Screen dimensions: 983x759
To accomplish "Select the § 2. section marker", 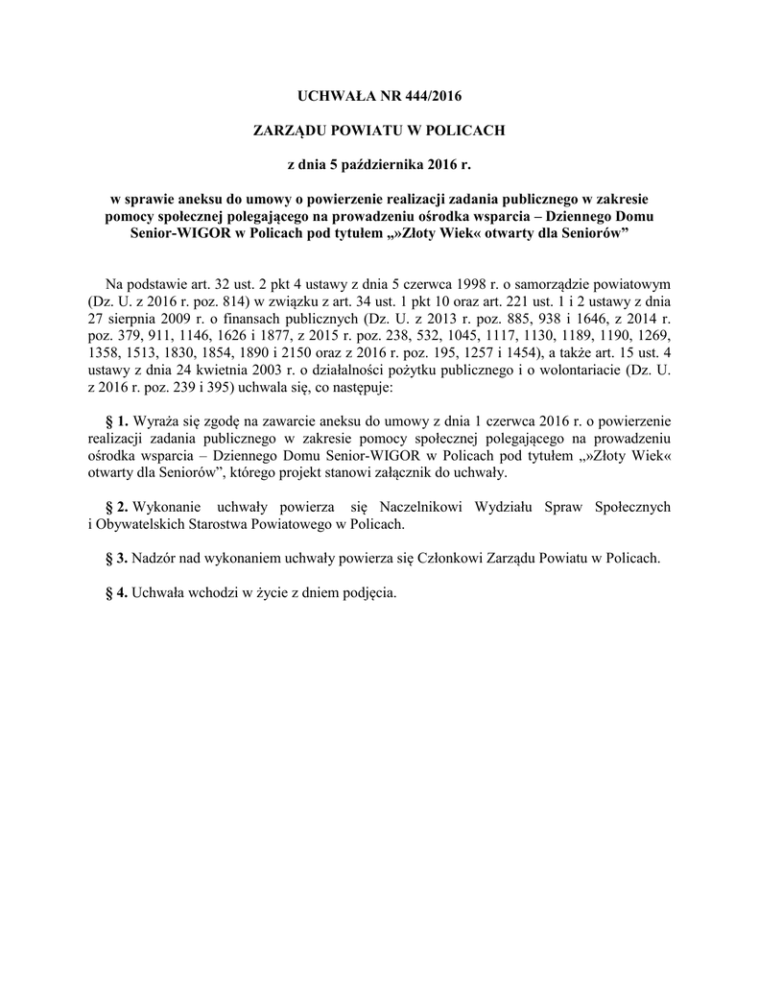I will coord(116,506).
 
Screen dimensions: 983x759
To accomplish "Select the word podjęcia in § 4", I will coord(368,592).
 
